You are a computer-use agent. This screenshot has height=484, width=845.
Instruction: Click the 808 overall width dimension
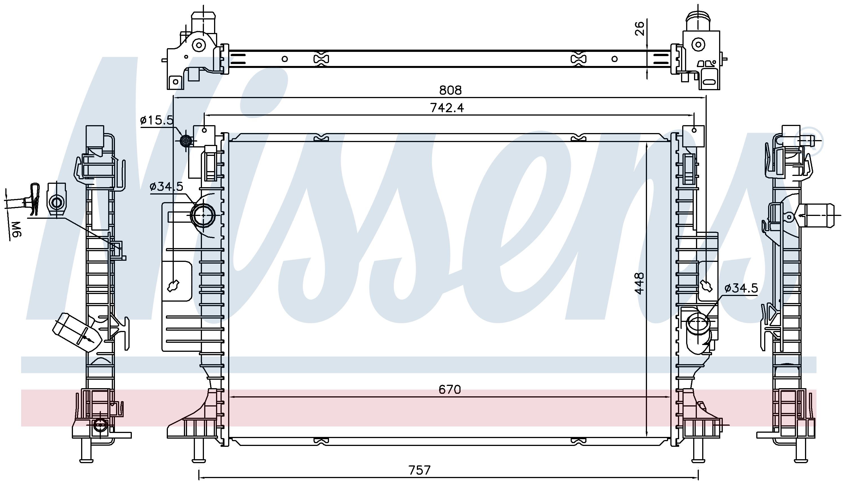[x=450, y=90]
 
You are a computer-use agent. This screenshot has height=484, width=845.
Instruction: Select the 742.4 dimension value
[x=447, y=108]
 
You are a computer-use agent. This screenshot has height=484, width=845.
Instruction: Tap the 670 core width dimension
[x=450, y=389]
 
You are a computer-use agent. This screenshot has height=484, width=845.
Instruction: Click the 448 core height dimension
[x=639, y=283]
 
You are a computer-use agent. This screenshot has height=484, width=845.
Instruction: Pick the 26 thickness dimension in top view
[x=639, y=28]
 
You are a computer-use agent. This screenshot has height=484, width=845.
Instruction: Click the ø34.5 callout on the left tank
[x=166, y=187]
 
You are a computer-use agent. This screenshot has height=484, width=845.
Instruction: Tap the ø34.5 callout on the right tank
[x=741, y=288]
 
